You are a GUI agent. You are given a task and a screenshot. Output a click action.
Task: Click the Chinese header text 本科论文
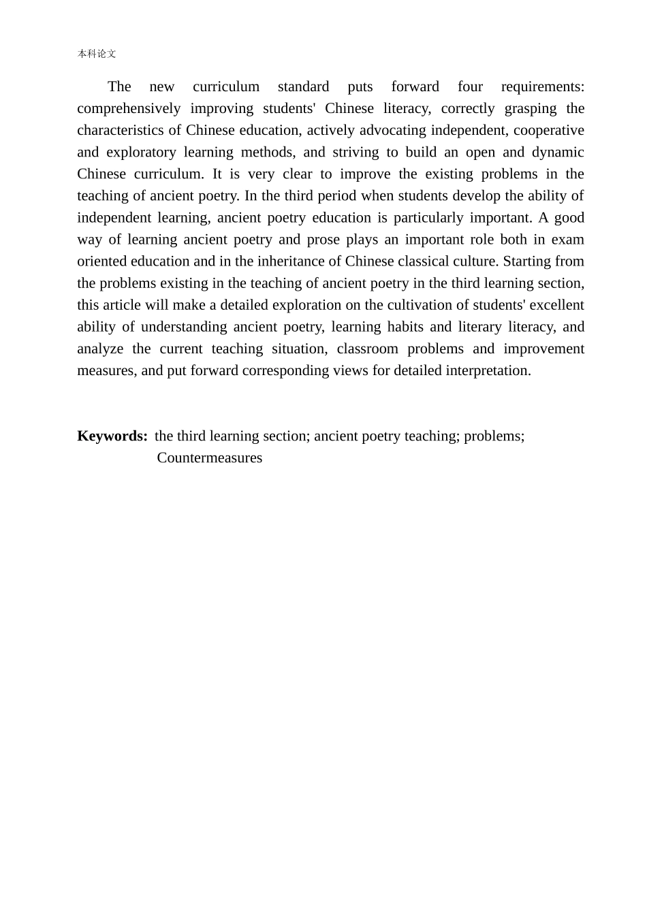pos(97,54)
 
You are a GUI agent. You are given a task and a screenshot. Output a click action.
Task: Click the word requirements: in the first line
pos(542,86)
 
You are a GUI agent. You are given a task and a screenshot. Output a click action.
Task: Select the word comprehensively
pos(129,108)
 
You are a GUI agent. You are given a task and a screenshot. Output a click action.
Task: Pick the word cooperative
pos(548,130)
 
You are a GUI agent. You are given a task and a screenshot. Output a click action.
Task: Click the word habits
pos(405,327)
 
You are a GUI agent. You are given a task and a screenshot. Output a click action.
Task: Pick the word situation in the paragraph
pos(299,349)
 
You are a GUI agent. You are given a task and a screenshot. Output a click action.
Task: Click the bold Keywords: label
pos(112,436)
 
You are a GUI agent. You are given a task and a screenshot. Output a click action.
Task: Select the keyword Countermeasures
pos(209,457)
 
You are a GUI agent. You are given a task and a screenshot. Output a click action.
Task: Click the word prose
pos(323,240)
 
